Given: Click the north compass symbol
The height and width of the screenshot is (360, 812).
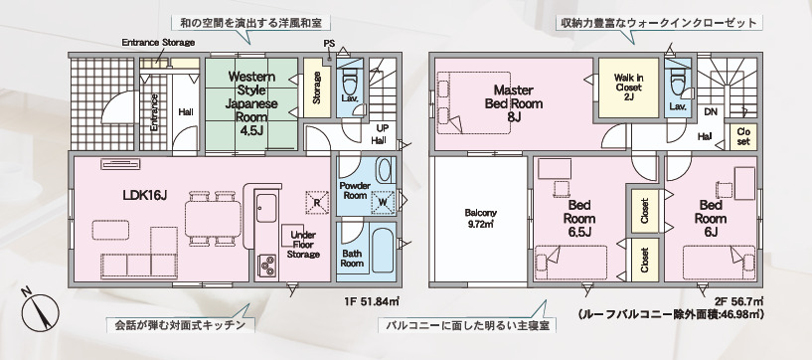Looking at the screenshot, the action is pyautogui.click(x=40, y=311).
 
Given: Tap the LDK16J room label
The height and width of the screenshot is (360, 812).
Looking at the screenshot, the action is pyautogui.click(x=144, y=195).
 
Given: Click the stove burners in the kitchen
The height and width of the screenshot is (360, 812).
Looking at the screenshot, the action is pyautogui.click(x=267, y=266).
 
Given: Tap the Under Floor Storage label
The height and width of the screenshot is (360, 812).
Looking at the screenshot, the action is pyautogui.click(x=303, y=244).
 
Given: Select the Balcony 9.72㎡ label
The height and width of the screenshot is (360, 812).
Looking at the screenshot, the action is pyautogui.click(x=481, y=217).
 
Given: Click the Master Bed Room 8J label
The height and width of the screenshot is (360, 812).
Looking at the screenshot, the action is pyautogui.click(x=514, y=103).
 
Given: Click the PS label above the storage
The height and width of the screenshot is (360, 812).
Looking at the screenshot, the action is pyautogui.click(x=329, y=44).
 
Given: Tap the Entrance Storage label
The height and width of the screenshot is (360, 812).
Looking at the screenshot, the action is pyautogui.click(x=158, y=42).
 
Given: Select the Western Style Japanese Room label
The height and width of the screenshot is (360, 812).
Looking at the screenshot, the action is pyautogui.click(x=251, y=103).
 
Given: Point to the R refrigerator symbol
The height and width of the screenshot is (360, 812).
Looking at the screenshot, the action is pyautogui.click(x=317, y=202).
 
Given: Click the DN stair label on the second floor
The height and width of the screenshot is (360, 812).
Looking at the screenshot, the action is pyautogui.click(x=710, y=110).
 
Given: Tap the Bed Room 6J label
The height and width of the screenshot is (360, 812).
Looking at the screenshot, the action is pyautogui.click(x=711, y=218).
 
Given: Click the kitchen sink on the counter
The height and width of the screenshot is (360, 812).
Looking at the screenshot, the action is pyautogui.click(x=266, y=208).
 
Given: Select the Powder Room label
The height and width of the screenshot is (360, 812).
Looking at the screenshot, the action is pyautogui.click(x=355, y=191).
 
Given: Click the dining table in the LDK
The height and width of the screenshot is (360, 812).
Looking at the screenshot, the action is pyautogui.click(x=213, y=219).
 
